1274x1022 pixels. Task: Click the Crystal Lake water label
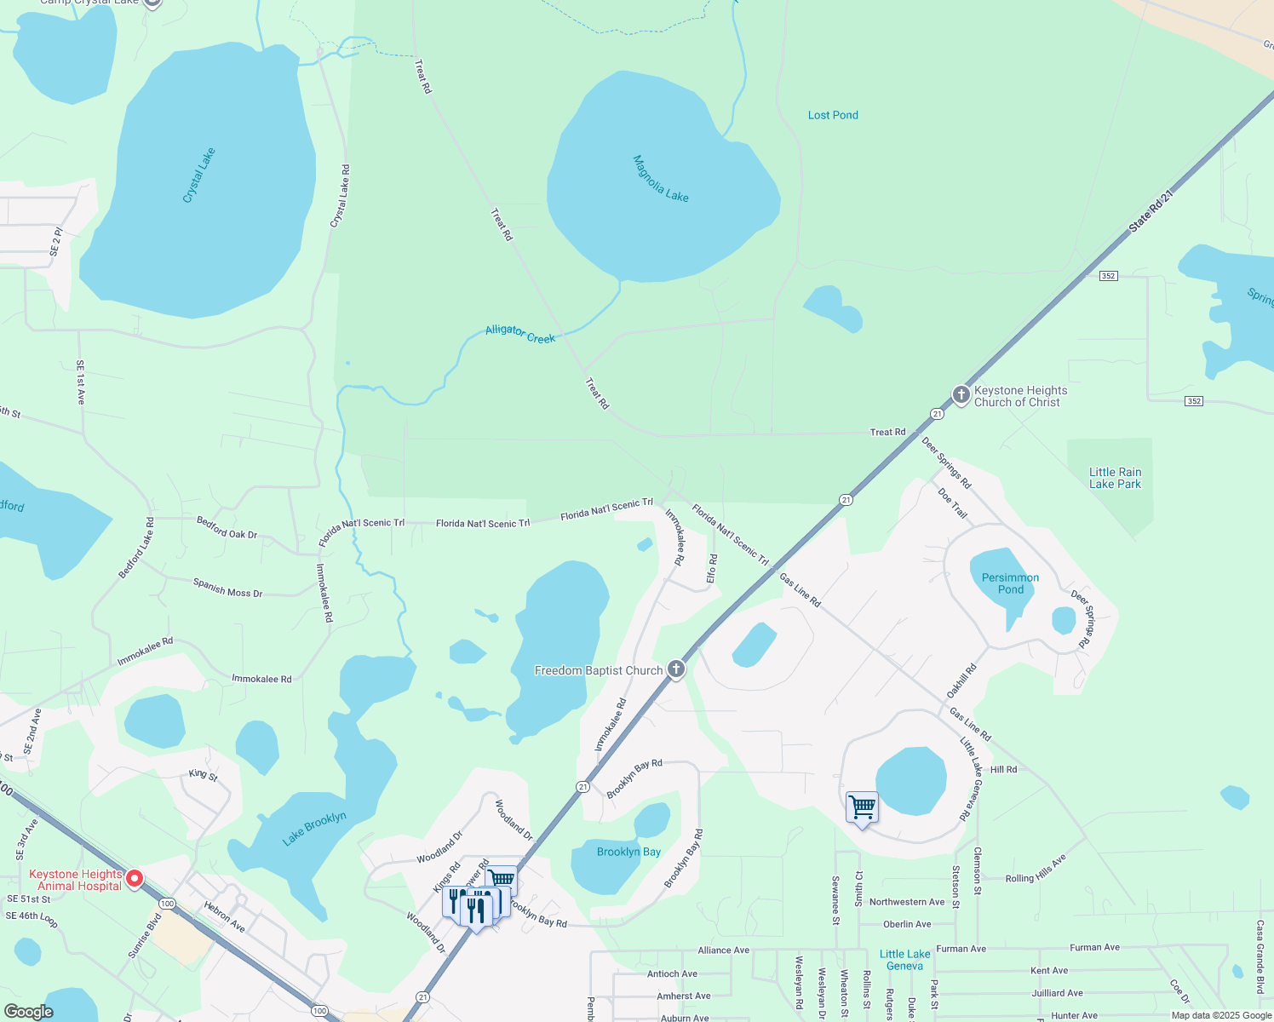point(199,175)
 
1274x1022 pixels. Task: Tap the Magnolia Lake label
point(661,178)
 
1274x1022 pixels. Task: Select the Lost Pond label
point(833,115)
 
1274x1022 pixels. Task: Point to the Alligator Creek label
point(520,334)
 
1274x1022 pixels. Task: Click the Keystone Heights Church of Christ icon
point(961,394)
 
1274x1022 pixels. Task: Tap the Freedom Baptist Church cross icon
point(676,669)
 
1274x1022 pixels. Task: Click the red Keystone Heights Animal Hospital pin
point(134,878)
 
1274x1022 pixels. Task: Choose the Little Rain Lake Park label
point(1115,478)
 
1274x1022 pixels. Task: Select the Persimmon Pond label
point(1010,583)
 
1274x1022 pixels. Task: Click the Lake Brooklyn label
point(314,829)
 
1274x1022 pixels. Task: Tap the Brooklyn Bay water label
point(628,852)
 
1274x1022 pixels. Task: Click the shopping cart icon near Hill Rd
point(862,807)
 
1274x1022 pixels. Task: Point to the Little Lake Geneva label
point(904,960)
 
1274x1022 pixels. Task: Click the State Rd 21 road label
point(1151,211)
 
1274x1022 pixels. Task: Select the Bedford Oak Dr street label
point(227,528)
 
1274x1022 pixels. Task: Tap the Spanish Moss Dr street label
point(227,588)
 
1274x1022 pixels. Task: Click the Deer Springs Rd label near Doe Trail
point(946,462)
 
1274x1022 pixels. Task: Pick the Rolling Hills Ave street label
point(1036,870)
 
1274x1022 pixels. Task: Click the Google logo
point(28,1011)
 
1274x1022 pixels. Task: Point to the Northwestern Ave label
point(906,902)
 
